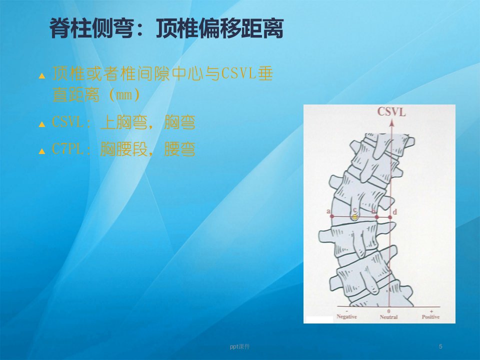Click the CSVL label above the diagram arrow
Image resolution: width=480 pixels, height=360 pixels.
tap(391, 111)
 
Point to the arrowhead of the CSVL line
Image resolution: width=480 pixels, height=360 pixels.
tap(391, 123)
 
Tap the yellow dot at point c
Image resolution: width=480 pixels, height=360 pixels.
tap(355, 217)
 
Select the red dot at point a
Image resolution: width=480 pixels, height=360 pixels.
tap(332, 216)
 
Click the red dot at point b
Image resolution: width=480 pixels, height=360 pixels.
tap(377, 217)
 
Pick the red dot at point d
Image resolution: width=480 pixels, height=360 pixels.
tap(389, 217)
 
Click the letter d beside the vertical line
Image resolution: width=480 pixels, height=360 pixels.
tap(395, 212)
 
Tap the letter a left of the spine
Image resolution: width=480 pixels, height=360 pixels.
tap(328, 211)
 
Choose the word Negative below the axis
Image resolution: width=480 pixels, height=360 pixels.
tap(347, 316)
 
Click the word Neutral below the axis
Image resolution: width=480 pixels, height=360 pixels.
tap(389, 317)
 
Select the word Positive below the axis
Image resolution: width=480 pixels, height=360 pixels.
tap(430, 317)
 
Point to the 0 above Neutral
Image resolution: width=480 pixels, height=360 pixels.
tap(389, 311)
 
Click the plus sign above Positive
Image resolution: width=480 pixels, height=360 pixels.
tap(431, 311)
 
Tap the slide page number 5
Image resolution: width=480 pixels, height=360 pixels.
tap(440, 346)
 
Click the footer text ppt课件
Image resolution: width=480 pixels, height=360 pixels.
tap(239, 346)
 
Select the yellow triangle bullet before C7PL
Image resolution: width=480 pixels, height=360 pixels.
tap(42, 150)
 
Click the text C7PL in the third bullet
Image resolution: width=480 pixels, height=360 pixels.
tap(67, 149)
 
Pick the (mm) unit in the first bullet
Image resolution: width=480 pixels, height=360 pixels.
tap(124, 95)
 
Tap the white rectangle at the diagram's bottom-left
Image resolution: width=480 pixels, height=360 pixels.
tap(319, 319)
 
